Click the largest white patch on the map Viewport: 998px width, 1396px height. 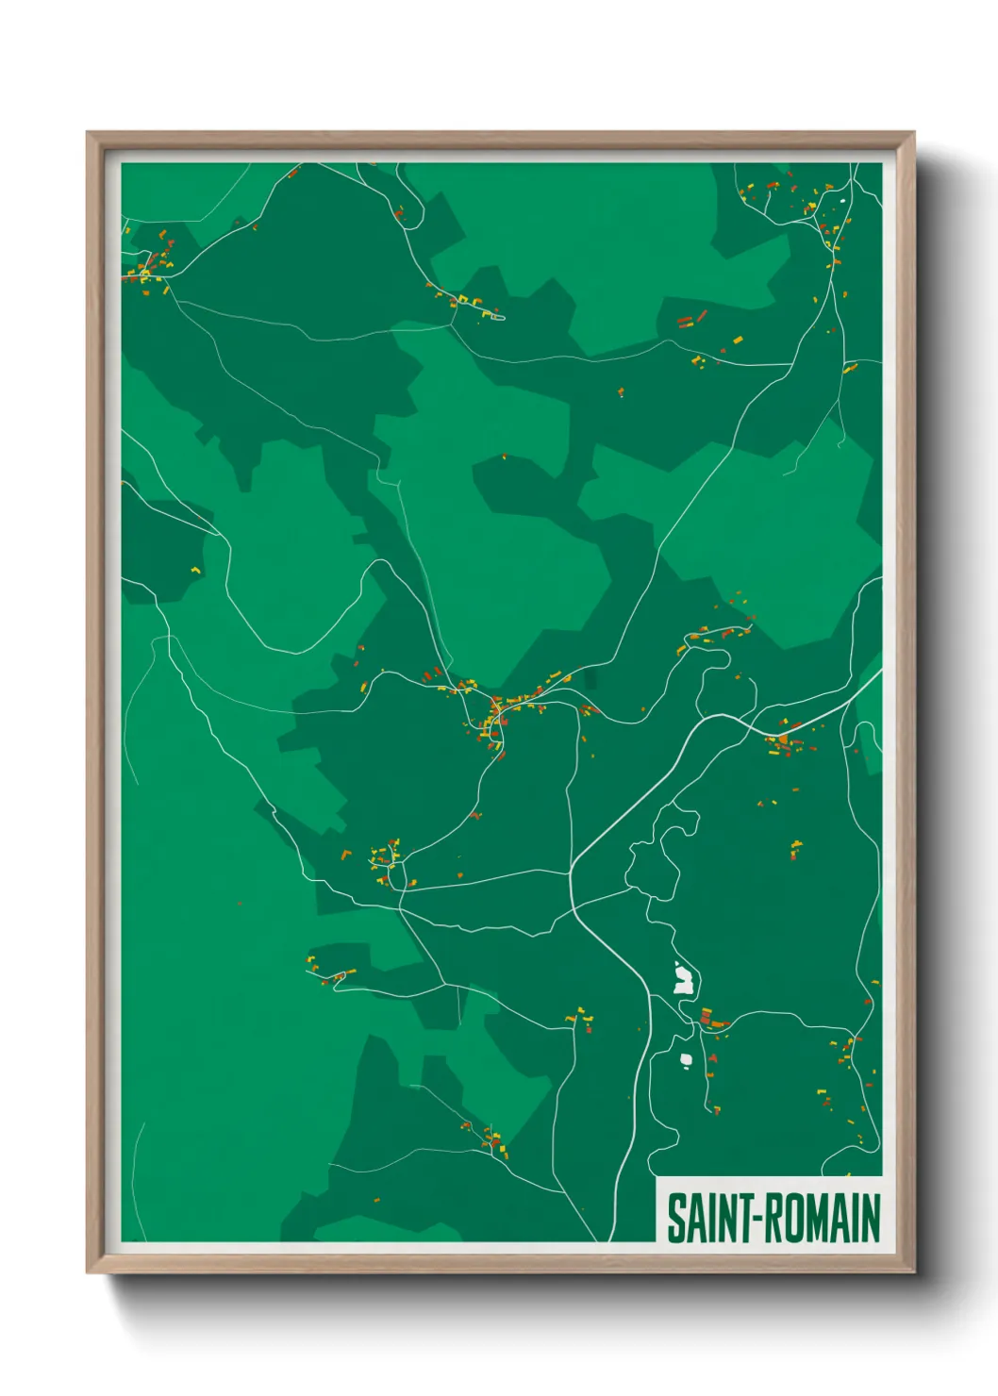click(x=683, y=979)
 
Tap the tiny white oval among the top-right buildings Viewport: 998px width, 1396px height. click(x=843, y=200)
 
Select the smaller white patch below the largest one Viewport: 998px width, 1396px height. click(x=687, y=1058)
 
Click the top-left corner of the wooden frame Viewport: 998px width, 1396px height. click(x=88, y=133)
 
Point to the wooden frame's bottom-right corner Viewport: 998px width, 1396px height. click(x=913, y=1272)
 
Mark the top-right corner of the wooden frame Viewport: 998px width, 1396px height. click(x=913, y=133)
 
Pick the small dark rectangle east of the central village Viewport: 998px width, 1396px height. click(x=590, y=677)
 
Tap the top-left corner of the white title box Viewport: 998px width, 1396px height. click(x=657, y=1178)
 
